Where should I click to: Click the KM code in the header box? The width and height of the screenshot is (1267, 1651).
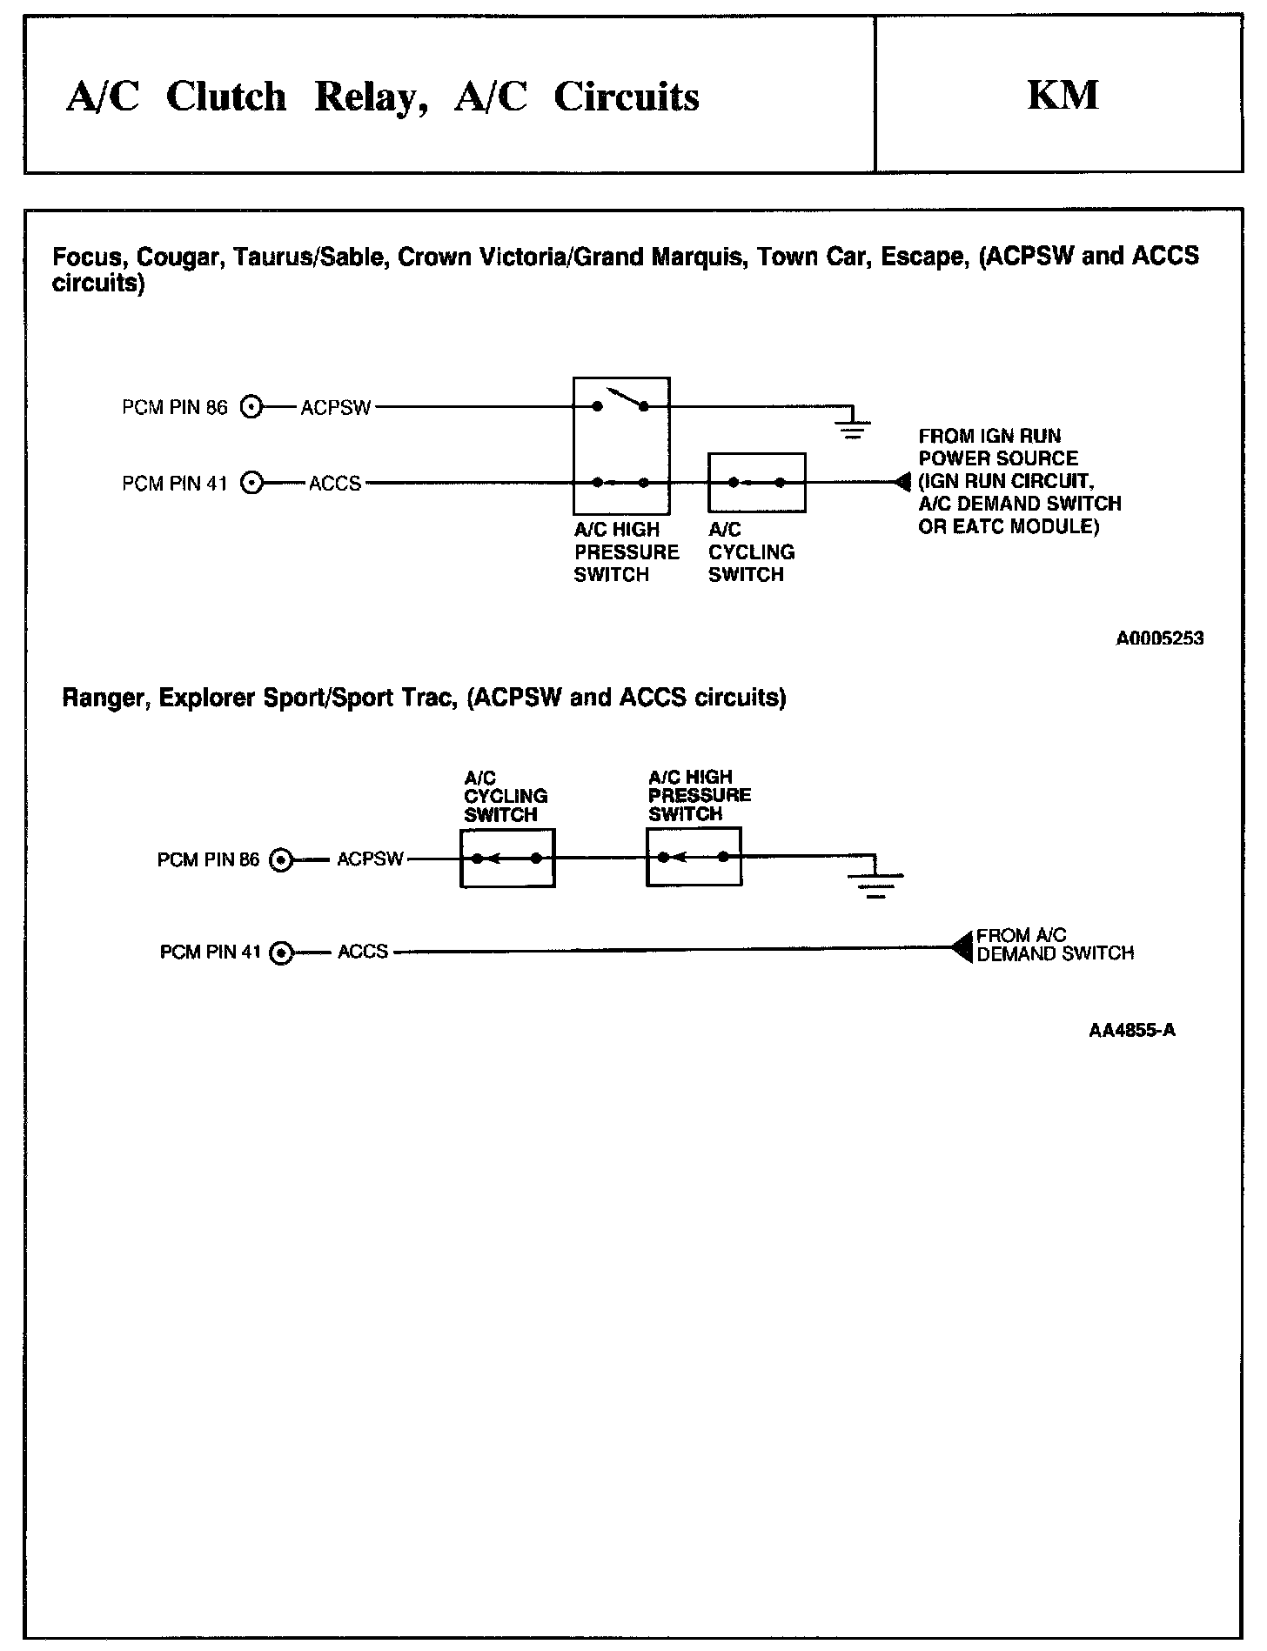(1063, 95)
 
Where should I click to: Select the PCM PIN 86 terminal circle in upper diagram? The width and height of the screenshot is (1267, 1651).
(251, 407)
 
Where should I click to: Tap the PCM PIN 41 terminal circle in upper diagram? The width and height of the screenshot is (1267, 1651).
(251, 483)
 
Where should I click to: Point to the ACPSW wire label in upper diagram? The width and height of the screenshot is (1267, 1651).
(336, 408)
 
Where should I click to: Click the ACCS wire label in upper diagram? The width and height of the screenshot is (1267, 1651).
(335, 484)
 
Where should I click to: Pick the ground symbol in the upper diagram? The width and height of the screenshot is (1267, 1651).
(853, 424)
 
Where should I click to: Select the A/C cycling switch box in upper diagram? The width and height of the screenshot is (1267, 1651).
(756, 482)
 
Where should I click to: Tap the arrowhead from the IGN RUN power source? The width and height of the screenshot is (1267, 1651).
(902, 482)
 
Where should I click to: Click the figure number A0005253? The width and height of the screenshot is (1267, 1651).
(1160, 638)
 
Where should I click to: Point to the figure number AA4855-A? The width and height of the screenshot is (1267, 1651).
(1132, 1030)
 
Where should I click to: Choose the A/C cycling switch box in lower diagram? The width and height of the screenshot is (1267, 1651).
(507, 858)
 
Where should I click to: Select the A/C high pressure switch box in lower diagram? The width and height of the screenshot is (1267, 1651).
(694, 857)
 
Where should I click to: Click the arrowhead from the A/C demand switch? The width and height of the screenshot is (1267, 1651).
(962, 946)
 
